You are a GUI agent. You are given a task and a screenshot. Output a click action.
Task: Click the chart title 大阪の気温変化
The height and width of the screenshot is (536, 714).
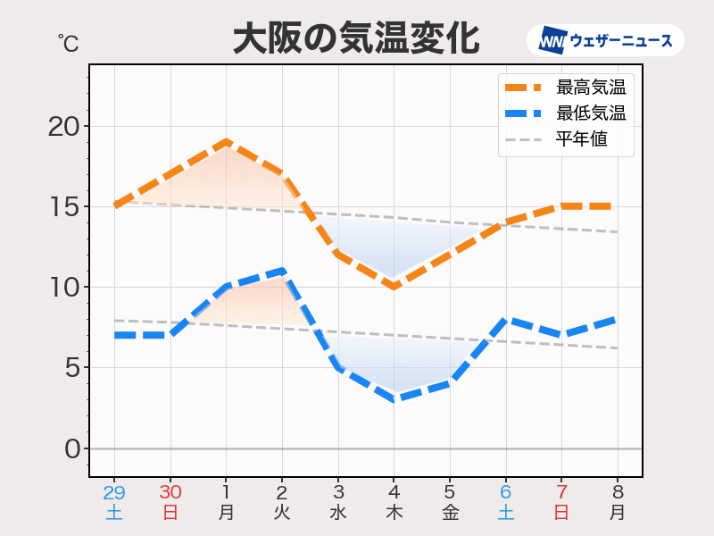click(x=355, y=40)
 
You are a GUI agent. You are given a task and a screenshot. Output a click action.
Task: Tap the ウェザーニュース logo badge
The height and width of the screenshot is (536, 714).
click(x=605, y=40)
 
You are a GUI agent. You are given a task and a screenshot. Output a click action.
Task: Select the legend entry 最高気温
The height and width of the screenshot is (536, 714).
click(x=590, y=88)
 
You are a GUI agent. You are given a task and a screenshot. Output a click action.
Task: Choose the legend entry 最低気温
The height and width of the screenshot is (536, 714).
click(x=590, y=113)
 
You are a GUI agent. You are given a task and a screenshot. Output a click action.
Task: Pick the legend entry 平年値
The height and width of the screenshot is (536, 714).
click(x=581, y=139)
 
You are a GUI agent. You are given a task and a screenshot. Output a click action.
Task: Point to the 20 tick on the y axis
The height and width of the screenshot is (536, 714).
click(x=63, y=126)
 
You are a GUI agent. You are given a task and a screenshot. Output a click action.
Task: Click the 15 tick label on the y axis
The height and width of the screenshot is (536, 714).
click(x=63, y=206)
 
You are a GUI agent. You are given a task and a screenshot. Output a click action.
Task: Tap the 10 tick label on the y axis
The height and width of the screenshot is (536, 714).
click(x=63, y=287)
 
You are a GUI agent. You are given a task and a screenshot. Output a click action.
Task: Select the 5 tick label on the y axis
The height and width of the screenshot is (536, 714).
click(x=71, y=367)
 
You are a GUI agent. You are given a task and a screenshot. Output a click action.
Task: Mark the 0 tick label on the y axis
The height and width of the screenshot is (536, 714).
click(x=71, y=448)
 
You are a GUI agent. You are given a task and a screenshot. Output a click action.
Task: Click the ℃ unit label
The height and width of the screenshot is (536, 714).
click(x=68, y=41)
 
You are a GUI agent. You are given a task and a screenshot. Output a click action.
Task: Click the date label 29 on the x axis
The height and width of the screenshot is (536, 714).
click(x=114, y=492)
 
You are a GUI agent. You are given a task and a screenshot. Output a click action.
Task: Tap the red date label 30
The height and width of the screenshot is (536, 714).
click(x=170, y=492)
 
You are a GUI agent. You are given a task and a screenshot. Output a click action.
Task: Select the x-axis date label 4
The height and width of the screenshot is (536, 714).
click(x=394, y=492)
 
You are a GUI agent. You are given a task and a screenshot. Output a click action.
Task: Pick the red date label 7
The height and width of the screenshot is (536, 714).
click(x=561, y=492)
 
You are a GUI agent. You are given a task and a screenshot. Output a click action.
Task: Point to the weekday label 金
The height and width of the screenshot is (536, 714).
click(x=450, y=513)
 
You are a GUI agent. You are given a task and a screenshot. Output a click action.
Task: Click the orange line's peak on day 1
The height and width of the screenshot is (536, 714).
click(x=227, y=141)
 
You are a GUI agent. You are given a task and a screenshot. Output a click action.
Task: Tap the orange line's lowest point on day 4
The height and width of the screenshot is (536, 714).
click(x=394, y=286)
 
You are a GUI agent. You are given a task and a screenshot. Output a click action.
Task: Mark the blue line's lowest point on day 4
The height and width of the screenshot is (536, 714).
click(x=394, y=398)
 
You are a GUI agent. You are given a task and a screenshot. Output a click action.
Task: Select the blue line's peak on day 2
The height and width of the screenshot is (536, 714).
click(x=282, y=270)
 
